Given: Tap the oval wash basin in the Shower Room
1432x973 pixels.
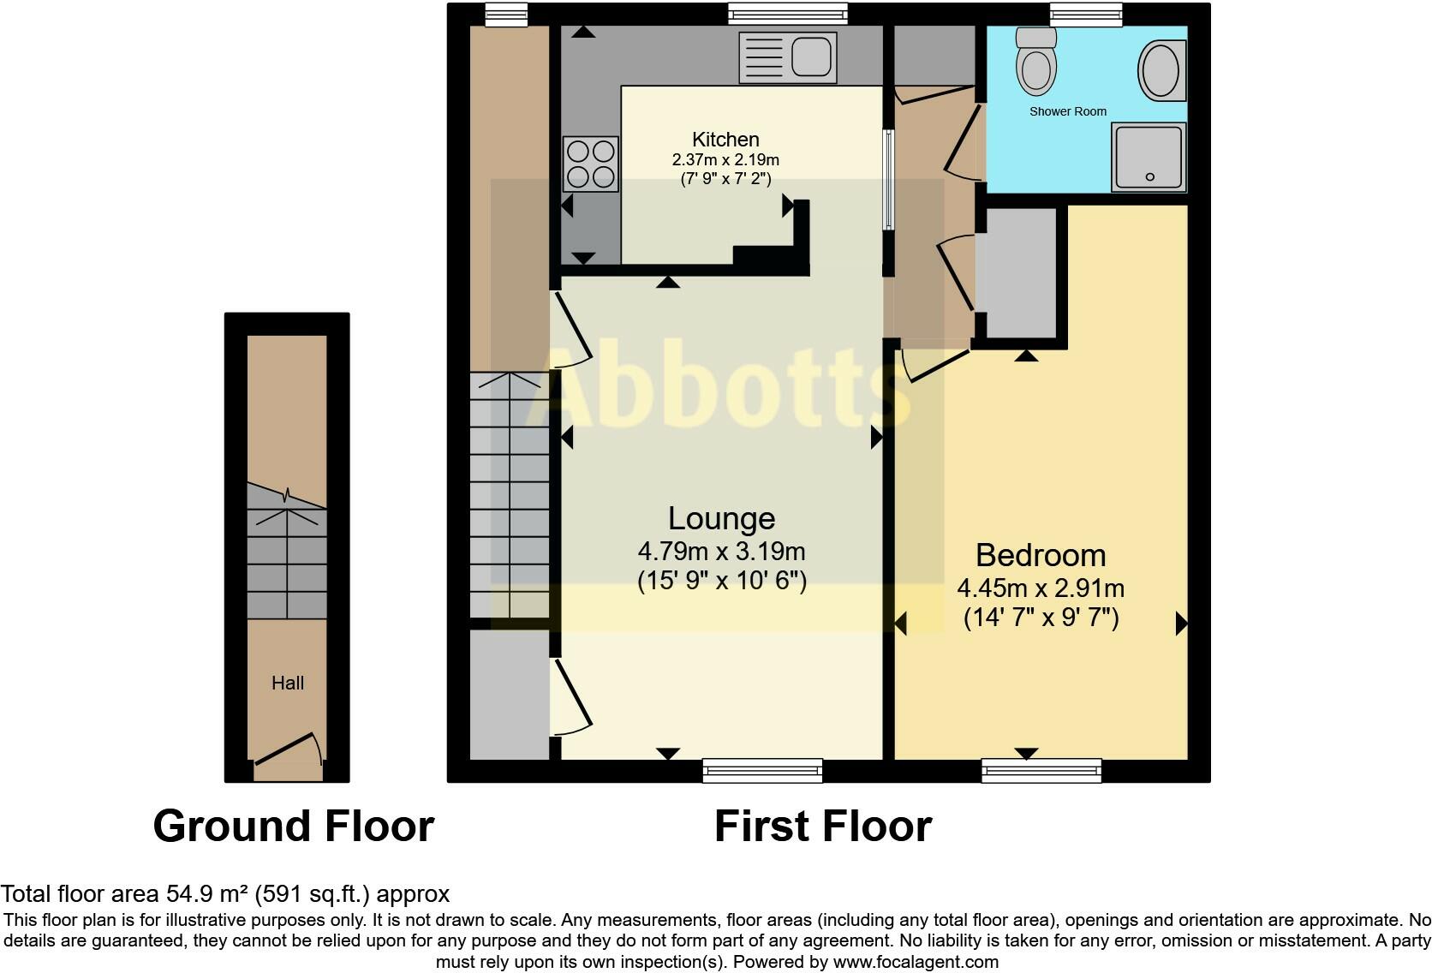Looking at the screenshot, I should [x=1161, y=70].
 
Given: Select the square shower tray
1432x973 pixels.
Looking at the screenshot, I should [x=1149, y=157].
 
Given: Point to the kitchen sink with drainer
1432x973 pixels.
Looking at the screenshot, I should [x=787, y=58].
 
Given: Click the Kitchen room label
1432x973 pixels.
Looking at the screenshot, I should [x=725, y=140].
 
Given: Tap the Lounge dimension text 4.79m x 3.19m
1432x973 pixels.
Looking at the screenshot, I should [x=721, y=551].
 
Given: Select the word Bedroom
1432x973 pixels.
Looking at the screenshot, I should [x=1041, y=555].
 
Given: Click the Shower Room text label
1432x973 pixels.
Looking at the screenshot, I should [x=1067, y=111].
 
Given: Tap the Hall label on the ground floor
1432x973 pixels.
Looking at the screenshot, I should [x=288, y=683].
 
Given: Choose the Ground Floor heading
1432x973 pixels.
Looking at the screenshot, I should [x=294, y=826].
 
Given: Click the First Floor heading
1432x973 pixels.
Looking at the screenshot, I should [x=822, y=826].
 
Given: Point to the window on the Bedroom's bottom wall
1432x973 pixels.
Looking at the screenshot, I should [x=1041, y=771].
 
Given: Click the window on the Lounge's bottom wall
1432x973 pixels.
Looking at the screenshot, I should [x=762, y=771].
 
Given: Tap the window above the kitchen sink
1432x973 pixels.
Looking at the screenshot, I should [x=787, y=13].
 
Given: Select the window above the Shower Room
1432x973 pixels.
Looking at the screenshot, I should [x=1086, y=13].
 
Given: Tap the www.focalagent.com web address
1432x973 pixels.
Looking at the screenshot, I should [x=916, y=962].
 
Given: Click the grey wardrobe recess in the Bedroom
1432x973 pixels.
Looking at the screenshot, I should [x=1021, y=272].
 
